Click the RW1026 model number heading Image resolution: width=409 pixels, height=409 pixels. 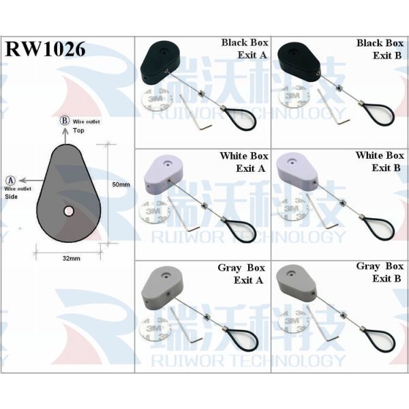click(x=45, y=50)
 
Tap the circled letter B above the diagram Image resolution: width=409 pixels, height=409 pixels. click(x=65, y=121)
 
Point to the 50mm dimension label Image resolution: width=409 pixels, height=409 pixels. click(x=120, y=185)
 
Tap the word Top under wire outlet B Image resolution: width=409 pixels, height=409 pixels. click(x=78, y=130)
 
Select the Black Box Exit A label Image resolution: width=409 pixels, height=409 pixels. click(x=244, y=48)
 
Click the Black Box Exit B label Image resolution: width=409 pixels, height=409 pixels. click(x=380, y=48)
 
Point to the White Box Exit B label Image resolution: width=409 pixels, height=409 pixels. click(x=380, y=162)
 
